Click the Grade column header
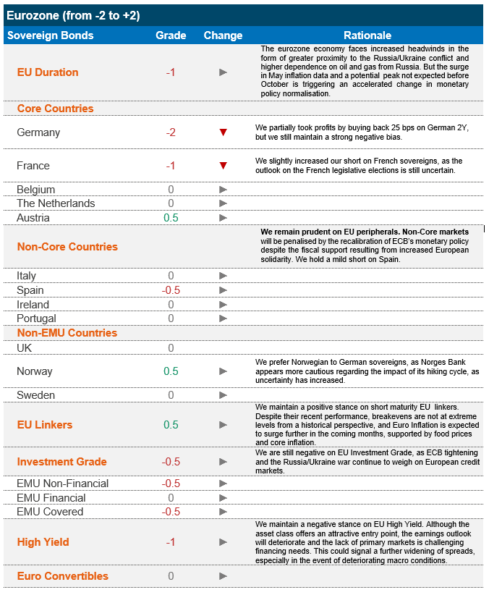tap(171, 35)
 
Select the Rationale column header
tap(367, 35)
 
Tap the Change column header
tap(223, 35)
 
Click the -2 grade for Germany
tap(171, 132)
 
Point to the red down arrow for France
tap(224, 166)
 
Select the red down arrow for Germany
tap(224, 132)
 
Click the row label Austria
tap(33, 218)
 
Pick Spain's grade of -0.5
tap(171, 290)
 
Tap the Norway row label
tap(35, 371)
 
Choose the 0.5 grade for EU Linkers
tap(171, 425)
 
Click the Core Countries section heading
tap(55, 109)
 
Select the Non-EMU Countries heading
tap(67, 334)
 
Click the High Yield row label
tap(43, 542)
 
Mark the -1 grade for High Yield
tap(171, 542)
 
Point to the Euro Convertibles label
tap(62, 576)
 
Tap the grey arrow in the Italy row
tap(224, 276)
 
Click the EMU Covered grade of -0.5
tap(171, 512)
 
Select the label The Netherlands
tap(56, 203)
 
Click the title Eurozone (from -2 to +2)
tap(73, 14)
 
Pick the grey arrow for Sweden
tap(224, 395)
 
